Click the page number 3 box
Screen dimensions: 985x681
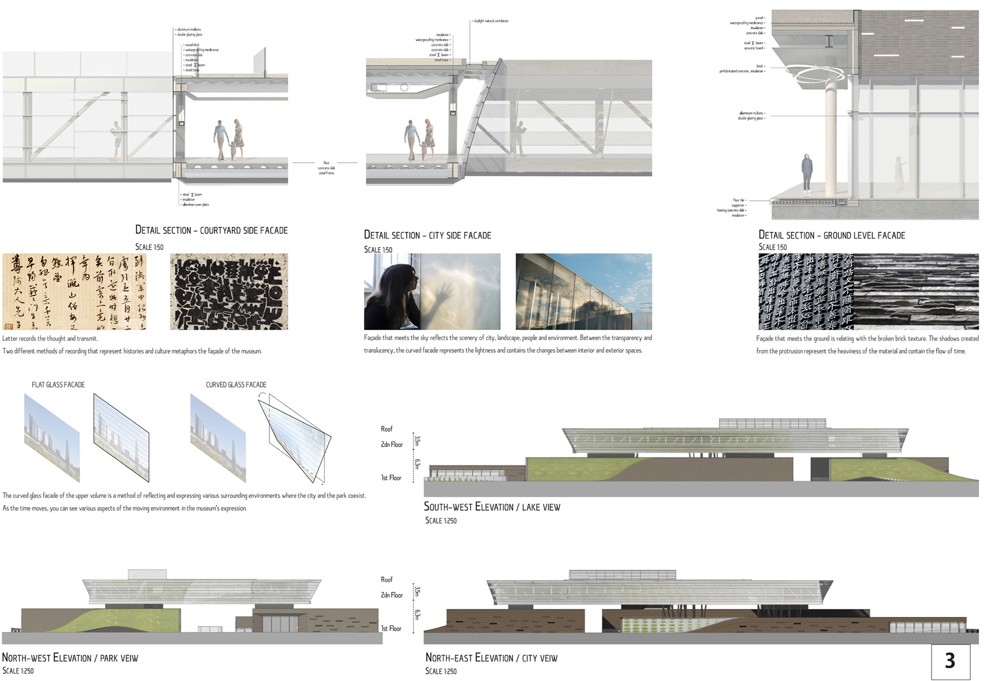click(950, 662)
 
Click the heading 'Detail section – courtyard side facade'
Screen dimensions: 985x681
click(211, 230)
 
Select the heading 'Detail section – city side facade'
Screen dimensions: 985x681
click(427, 235)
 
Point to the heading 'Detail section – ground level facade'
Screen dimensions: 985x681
click(832, 235)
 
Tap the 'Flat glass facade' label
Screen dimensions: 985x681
click(58, 385)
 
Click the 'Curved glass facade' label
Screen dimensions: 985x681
click(236, 385)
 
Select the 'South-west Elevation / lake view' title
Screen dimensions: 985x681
click(491, 507)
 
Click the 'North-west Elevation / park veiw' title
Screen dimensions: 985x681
click(70, 658)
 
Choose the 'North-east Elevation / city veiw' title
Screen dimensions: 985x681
click(491, 658)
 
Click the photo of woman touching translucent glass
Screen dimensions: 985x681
click(432, 291)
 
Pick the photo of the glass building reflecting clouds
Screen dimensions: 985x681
click(584, 291)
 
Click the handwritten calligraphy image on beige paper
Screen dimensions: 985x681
click(74, 291)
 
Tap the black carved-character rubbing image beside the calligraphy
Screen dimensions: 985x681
click(229, 291)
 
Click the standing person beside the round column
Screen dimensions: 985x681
click(807, 174)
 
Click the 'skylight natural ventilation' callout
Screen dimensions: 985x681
click(491, 21)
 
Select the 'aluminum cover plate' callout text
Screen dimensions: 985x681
click(195, 205)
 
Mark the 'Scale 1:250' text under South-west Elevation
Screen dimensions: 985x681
click(441, 520)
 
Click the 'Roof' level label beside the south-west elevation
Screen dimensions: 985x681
click(386, 429)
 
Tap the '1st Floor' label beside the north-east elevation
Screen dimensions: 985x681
click(391, 629)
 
